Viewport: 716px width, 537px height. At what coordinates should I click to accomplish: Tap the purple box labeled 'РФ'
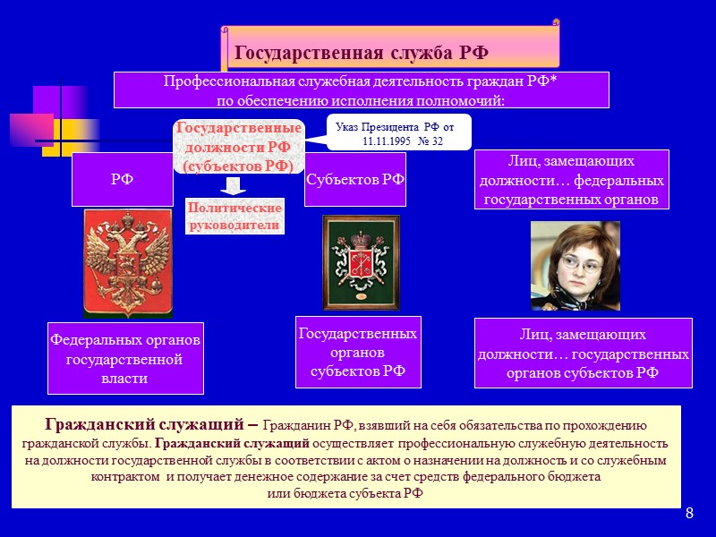coord(122,179)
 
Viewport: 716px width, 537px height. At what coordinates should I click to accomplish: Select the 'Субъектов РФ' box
coord(355,179)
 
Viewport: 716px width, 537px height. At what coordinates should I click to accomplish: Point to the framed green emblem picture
coord(348,262)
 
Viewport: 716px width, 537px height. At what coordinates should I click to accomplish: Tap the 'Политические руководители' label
coord(234,217)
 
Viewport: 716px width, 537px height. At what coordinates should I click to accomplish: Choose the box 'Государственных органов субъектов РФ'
coord(357,352)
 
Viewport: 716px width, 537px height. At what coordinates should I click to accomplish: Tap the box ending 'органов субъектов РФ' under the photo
coord(583,354)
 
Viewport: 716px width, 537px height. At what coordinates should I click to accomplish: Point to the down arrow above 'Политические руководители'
coord(233,186)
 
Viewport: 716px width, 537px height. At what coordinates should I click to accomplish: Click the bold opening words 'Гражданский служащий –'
coord(152,424)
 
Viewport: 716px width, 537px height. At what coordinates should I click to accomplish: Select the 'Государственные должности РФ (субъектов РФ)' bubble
coord(237,147)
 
